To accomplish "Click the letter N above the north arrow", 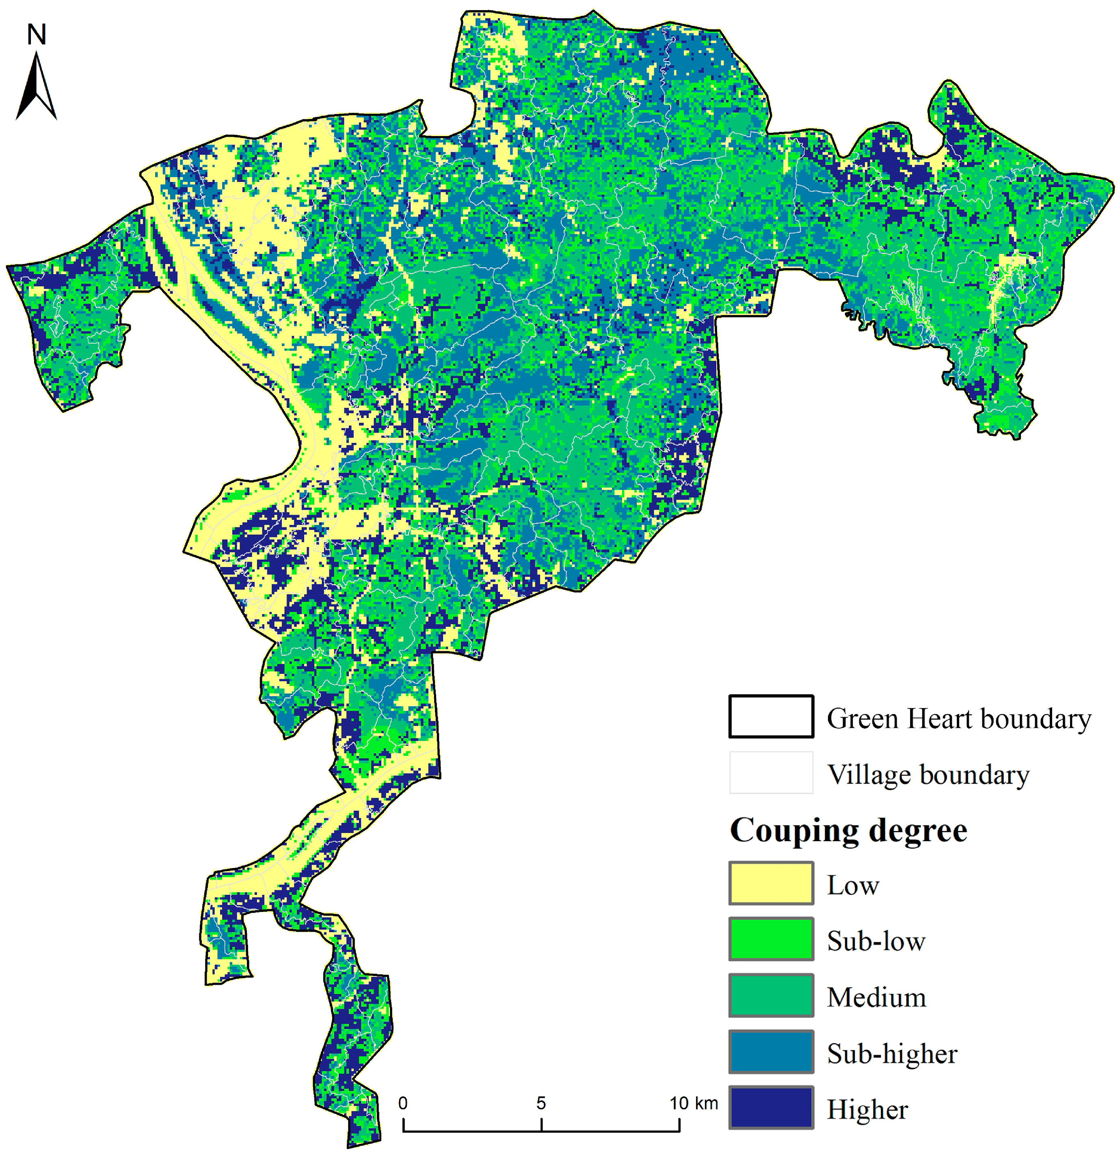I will (x=36, y=35).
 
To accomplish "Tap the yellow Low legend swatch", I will (x=770, y=883).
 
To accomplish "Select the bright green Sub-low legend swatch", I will (x=770, y=939).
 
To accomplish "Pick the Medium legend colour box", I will (x=770, y=996).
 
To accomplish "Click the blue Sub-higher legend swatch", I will (x=770, y=1052).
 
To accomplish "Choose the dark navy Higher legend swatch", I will (x=770, y=1108).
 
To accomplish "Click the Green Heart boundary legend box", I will (x=770, y=717).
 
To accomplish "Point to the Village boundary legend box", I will (x=770, y=773).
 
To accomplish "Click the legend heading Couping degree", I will (x=848, y=830).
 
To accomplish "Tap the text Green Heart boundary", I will (x=958, y=719).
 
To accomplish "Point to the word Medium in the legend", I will (x=876, y=997).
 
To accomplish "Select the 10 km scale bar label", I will (x=693, y=1103).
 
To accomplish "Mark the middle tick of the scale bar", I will (x=541, y=1124).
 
